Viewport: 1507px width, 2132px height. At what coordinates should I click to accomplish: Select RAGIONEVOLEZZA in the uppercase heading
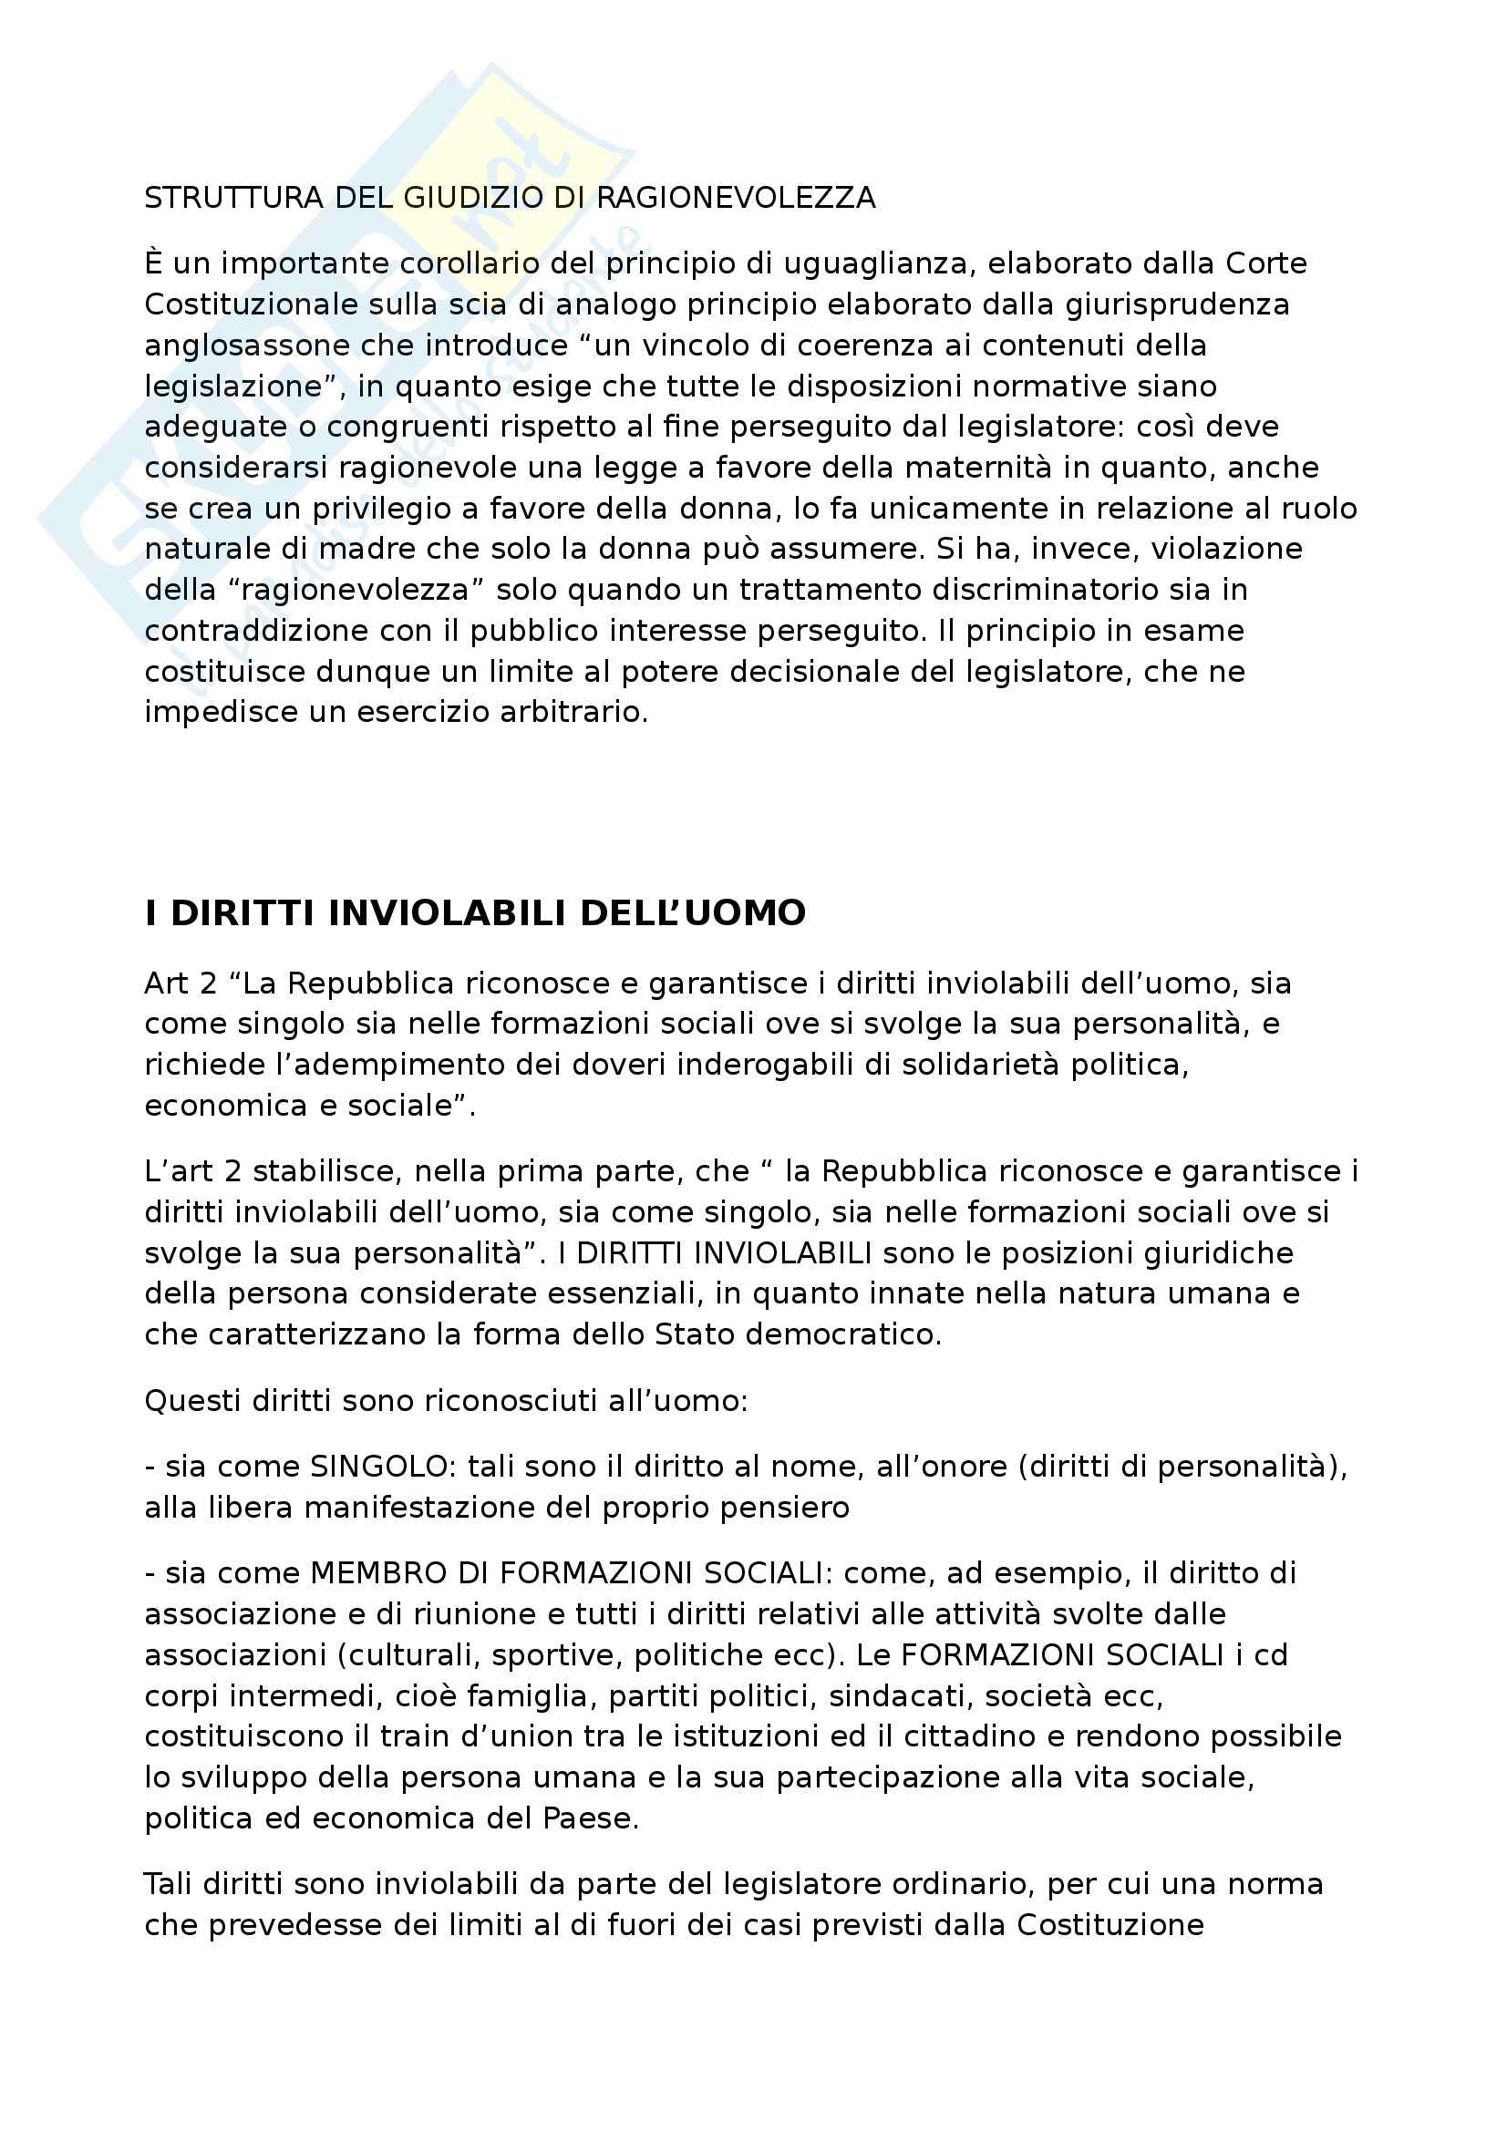tap(736, 198)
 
